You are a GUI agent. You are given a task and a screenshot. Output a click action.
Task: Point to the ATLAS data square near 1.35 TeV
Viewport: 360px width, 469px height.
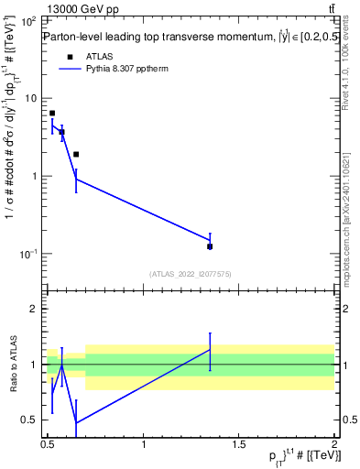[210, 246]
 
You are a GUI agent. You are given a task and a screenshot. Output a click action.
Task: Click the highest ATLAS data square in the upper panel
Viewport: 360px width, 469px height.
[52, 114]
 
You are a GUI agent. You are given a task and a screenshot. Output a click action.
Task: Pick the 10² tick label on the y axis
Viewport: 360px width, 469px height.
[28, 20]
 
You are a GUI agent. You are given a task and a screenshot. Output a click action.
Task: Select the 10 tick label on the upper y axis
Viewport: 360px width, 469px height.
[31, 98]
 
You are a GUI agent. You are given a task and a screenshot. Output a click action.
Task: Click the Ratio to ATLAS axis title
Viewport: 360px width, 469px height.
[12, 365]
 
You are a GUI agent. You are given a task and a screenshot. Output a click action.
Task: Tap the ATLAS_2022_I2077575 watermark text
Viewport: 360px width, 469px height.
[191, 273]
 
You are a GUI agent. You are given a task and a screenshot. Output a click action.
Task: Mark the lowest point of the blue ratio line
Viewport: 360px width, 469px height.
[75, 423]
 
